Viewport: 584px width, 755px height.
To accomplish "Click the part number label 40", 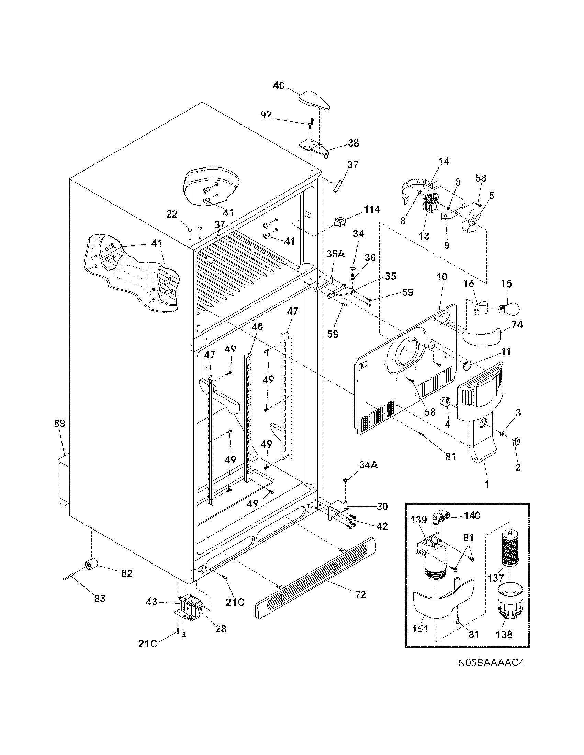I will (279, 85).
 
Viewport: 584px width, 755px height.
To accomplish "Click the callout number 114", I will (372, 209).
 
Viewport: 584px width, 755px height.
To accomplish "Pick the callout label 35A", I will (336, 254).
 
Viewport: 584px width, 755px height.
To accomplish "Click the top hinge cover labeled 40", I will (314, 101).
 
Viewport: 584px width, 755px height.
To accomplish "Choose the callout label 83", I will (99, 598).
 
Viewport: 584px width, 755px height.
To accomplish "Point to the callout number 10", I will (441, 277).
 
